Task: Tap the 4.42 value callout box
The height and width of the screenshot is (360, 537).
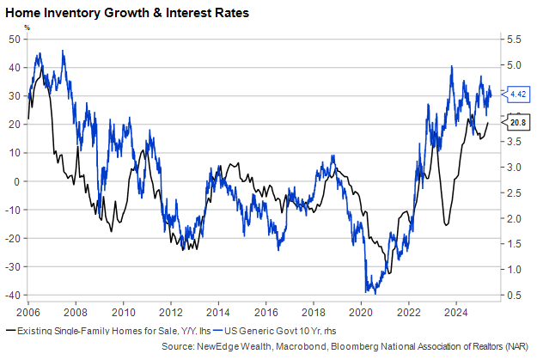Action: pos(517,93)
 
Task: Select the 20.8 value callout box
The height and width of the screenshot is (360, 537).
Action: pos(517,123)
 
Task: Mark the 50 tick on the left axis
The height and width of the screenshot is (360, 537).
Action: pos(15,40)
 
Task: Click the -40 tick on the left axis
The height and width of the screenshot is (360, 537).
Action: pos(13,295)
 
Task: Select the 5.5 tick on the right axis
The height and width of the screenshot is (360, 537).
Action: pos(512,40)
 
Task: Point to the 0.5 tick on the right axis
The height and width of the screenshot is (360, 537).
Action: pos(512,295)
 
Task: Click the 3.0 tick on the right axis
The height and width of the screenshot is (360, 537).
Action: pos(512,168)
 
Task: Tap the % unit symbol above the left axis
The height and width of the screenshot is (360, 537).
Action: pos(27,27)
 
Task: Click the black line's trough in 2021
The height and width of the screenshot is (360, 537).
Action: pos(387,274)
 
